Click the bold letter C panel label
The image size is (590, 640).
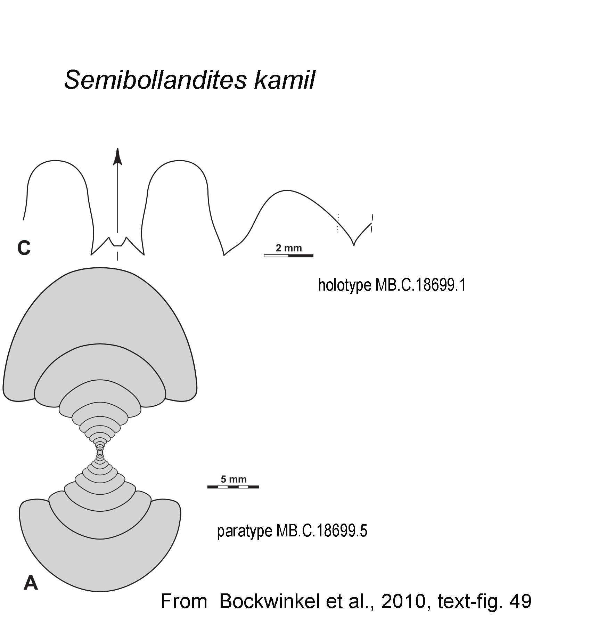pyautogui.click(x=24, y=248)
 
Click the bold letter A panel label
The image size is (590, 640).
pyautogui.click(x=31, y=583)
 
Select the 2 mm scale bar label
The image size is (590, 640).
pyautogui.click(x=289, y=248)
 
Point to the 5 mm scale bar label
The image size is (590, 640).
pyautogui.click(x=233, y=479)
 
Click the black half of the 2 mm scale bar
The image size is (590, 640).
pyautogui.click(x=301, y=256)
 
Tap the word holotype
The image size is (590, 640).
pyautogui.click(x=344, y=285)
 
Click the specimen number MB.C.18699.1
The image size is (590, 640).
pyautogui.click(x=420, y=285)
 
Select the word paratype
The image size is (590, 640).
pyautogui.click(x=245, y=531)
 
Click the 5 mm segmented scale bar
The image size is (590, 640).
pyautogui.click(x=233, y=487)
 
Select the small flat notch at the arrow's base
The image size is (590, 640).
pyautogui.click(x=118, y=245)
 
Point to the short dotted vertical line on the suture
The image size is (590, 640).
pyautogui.click(x=338, y=223)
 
